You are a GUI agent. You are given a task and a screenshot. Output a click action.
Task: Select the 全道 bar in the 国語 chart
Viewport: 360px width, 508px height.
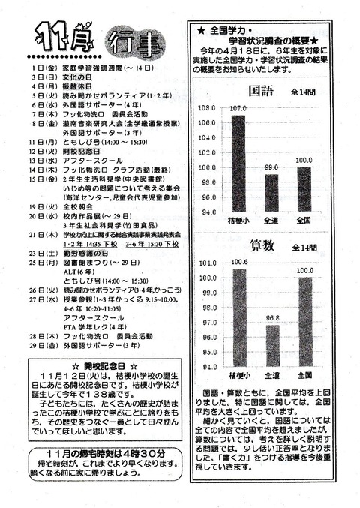(x=271, y=192)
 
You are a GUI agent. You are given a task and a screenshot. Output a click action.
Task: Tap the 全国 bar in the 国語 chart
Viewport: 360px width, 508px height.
(x=304, y=188)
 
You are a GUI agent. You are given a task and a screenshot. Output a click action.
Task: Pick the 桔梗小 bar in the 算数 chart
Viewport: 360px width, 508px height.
(x=238, y=314)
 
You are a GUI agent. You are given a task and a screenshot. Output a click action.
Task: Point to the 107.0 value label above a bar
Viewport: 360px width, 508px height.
(x=238, y=109)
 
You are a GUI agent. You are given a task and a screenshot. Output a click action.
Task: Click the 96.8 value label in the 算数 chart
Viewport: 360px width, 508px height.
(x=271, y=318)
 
